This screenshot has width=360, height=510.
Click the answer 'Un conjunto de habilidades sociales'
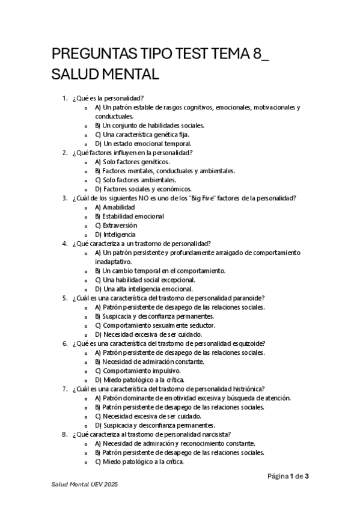(x=153, y=126)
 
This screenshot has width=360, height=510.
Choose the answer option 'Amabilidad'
(x=118, y=207)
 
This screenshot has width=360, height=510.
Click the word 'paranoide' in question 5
(x=251, y=298)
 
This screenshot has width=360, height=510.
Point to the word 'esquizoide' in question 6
(x=249, y=343)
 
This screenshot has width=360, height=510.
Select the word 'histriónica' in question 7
(x=248, y=389)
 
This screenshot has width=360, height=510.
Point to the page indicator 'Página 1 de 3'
(x=288, y=476)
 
